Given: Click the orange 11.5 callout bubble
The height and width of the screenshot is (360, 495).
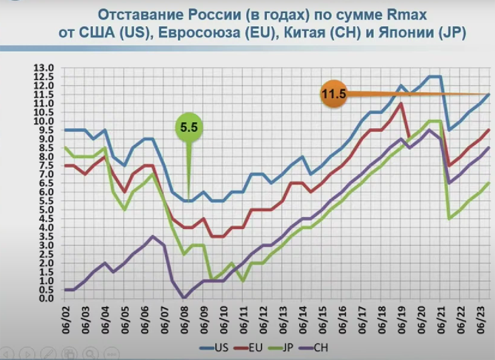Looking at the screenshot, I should coord(334,94).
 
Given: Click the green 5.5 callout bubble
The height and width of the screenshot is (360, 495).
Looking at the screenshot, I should coord(189,127).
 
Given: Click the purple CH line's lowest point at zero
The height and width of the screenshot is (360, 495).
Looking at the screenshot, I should coord(184,298).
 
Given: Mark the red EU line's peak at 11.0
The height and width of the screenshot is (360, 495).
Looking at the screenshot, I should coord(401,103).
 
